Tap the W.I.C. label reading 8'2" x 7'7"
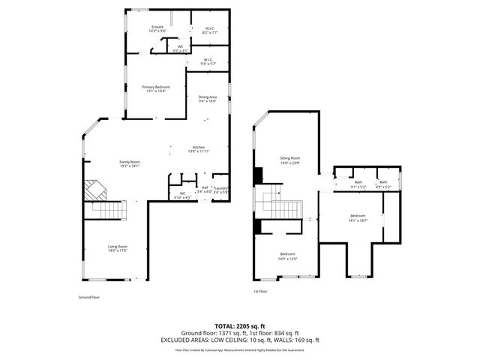tap(209, 31)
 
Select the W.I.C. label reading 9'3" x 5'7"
tap(208, 61)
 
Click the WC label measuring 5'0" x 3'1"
tap(180, 49)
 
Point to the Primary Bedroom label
tap(156, 89)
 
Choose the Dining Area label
tap(208, 99)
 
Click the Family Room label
tap(130, 163)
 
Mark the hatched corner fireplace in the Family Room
tap(94, 190)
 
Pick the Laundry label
tap(220, 190)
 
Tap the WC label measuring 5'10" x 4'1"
tap(182, 196)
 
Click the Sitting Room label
tap(290, 160)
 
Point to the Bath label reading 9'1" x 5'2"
tap(358, 184)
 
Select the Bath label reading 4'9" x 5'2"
tap(383, 184)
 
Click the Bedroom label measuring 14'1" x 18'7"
tap(358, 217)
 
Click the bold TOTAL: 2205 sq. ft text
tap(239, 326)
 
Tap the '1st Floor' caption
tap(260, 292)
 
